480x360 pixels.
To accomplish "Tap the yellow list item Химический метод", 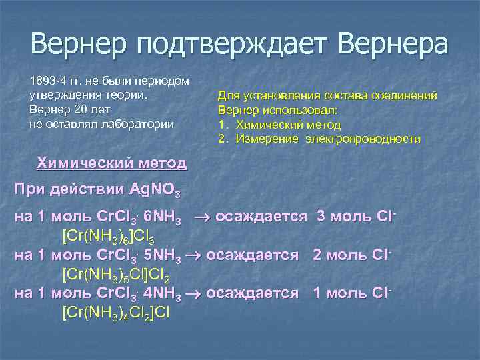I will click(x=285, y=125).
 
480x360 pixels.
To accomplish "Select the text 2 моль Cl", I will click(x=349, y=255).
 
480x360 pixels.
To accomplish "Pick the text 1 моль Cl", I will click(x=349, y=292).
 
